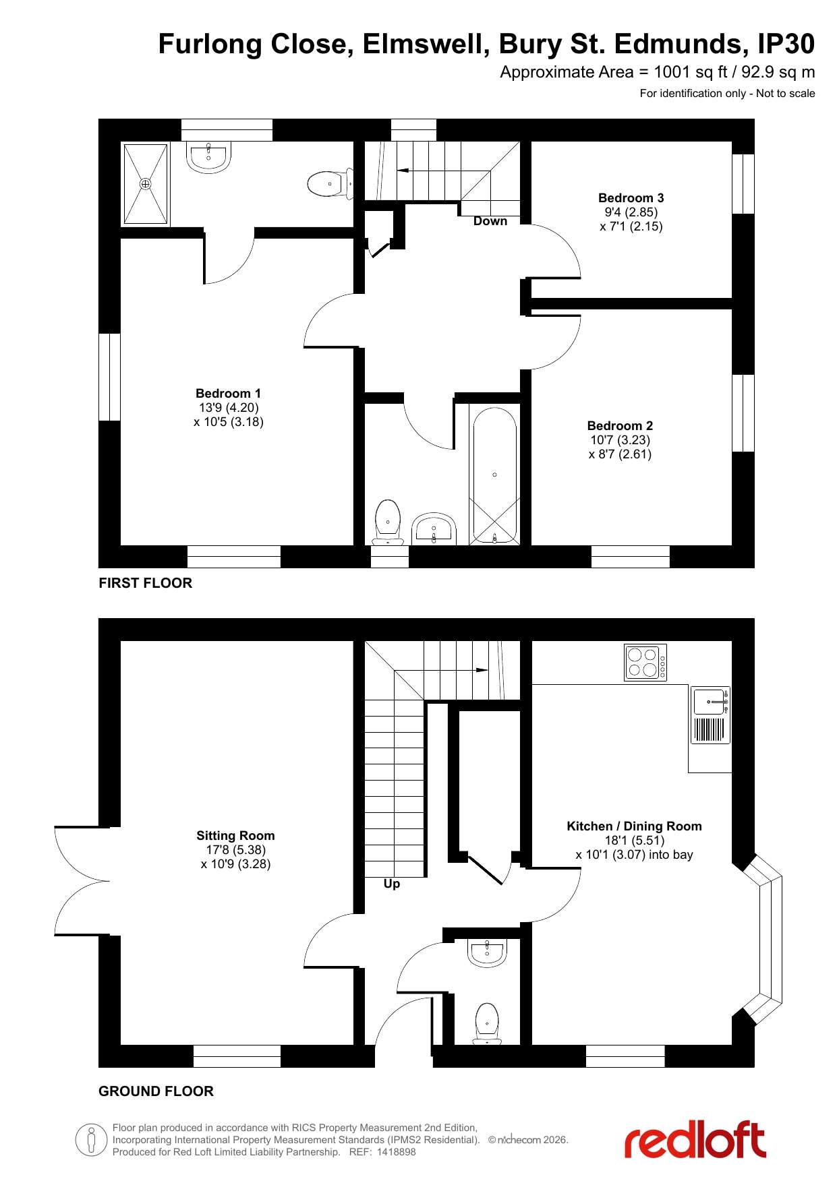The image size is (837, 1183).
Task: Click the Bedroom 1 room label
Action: pyautogui.click(x=228, y=393)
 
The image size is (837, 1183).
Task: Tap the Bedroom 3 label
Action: pyautogui.click(x=631, y=198)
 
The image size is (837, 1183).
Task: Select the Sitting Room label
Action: pyautogui.click(x=235, y=836)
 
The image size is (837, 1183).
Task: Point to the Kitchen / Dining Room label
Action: pyautogui.click(x=634, y=826)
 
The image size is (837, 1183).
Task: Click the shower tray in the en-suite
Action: pyautogui.click(x=145, y=183)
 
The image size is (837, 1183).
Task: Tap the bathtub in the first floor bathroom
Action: pyautogui.click(x=494, y=475)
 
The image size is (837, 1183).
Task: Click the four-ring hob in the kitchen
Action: pyautogui.click(x=645, y=663)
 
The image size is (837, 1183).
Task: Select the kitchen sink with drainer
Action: pyautogui.click(x=711, y=715)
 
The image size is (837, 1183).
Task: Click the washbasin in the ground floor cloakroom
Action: pyautogui.click(x=487, y=952)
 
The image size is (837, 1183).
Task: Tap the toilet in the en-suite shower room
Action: pyautogui.click(x=330, y=183)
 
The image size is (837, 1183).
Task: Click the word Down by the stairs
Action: pyautogui.click(x=490, y=221)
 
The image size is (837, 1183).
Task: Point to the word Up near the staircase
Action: pyautogui.click(x=392, y=884)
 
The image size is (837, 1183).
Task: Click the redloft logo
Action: pyautogui.click(x=695, y=1139)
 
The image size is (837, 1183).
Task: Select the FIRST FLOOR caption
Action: pyautogui.click(x=146, y=583)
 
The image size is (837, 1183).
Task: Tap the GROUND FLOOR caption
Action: pyautogui.click(x=156, y=1091)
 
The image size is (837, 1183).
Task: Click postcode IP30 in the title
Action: pyautogui.click(x=786, y=44)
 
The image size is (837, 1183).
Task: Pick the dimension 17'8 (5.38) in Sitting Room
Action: pyautogui.click(x=236, y=850)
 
